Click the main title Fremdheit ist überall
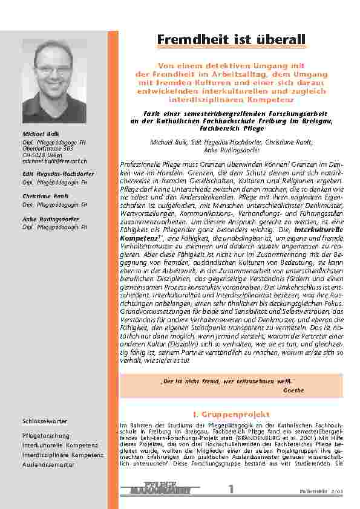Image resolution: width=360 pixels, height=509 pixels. [x=231, y=40]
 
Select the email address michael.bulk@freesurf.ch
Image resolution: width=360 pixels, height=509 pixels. [x=54, y=161]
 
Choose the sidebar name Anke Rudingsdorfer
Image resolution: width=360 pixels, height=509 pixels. [x=48, y=219]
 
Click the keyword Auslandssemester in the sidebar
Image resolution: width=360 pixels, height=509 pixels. [x=48, y=464]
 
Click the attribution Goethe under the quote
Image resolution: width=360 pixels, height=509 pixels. [x=293, y=391]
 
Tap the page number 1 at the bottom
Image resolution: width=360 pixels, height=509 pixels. [x=231, y=489]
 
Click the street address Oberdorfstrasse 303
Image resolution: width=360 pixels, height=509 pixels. [x=48, y=150]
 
